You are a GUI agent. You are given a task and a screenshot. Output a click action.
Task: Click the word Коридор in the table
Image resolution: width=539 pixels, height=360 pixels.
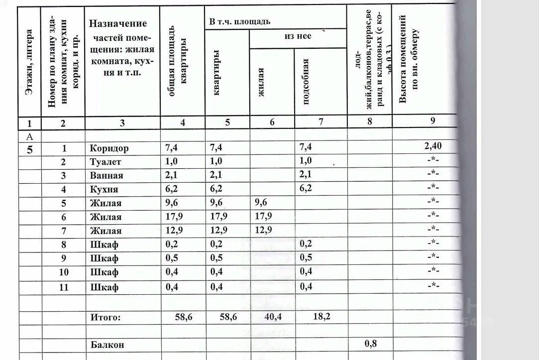[109, 148]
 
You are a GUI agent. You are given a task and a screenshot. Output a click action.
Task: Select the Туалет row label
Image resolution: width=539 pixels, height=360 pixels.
[106, 162]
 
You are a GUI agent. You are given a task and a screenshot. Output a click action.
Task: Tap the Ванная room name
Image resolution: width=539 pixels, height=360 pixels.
[107, 175]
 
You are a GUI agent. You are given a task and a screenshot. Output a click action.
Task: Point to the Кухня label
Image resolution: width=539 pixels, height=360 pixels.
[104, 189]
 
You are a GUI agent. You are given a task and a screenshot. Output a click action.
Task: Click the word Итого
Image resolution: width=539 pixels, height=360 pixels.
[106, 317]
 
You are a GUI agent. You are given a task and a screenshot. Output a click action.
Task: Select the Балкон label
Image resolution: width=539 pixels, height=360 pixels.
[107, 344]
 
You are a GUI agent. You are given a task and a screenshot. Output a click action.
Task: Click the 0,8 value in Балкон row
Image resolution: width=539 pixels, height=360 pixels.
[370, 343]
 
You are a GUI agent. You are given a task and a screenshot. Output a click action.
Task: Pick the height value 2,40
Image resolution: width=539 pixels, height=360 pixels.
[432, 146]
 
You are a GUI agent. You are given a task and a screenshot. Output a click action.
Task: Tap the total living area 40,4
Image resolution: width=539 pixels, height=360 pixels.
[272, 317]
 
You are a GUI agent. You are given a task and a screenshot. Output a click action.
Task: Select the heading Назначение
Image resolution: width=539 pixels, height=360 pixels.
[118, 23]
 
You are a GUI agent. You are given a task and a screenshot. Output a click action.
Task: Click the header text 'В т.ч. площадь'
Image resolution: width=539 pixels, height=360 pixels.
[240, 21]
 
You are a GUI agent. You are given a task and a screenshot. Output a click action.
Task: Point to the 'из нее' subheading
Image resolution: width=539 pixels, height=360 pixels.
[298, 36]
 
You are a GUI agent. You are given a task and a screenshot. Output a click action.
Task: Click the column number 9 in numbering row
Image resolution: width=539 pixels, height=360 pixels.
[432, 120]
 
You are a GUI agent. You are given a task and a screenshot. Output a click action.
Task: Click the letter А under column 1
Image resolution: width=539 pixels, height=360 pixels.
[29, 135]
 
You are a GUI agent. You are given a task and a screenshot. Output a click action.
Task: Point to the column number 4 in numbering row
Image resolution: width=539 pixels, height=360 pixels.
[183, 122]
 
